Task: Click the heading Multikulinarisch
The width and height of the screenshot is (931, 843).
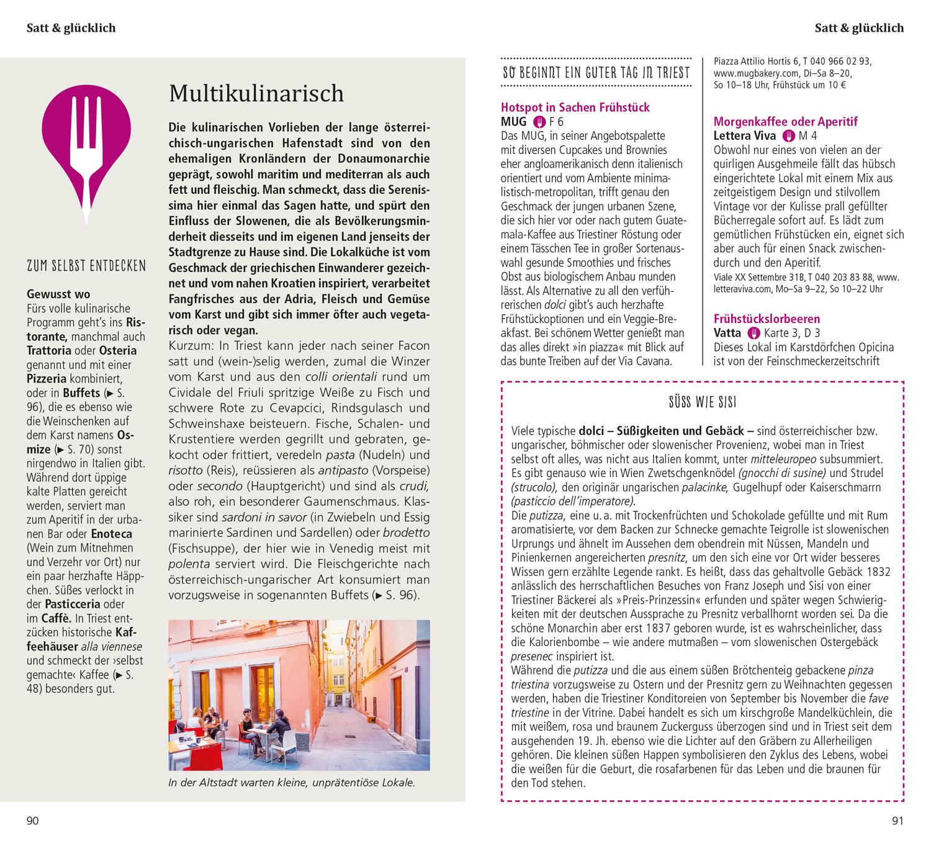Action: [x=256, y=93]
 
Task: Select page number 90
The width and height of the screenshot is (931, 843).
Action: [x=32, y=821]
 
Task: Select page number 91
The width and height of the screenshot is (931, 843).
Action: [x=897, y=821]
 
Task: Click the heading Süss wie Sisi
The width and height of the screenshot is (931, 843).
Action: [x=702, y=403]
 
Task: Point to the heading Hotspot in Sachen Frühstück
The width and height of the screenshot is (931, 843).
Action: [x=575, y=107]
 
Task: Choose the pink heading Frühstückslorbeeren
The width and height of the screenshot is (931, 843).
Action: [x=767, y=319]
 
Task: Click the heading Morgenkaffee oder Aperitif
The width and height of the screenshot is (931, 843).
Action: [x=785, y=122]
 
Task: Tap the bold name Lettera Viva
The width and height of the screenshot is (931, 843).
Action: [x=745, y=136]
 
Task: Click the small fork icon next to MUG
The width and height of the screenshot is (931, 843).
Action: [x=539, y=122]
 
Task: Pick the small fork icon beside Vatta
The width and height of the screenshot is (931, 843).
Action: [x=753, y=333]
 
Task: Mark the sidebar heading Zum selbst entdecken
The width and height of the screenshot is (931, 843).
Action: [x=86, y=267]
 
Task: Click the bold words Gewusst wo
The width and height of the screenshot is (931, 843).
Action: [x=58, y=294]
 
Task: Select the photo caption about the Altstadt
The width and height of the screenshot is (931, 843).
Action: [x=291, y=783]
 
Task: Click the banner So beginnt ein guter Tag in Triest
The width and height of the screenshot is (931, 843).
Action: [x=596, y=73]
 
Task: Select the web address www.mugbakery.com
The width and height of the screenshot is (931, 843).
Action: [x=750, y=73]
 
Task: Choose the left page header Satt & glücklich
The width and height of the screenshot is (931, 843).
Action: [x=71, y=28]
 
